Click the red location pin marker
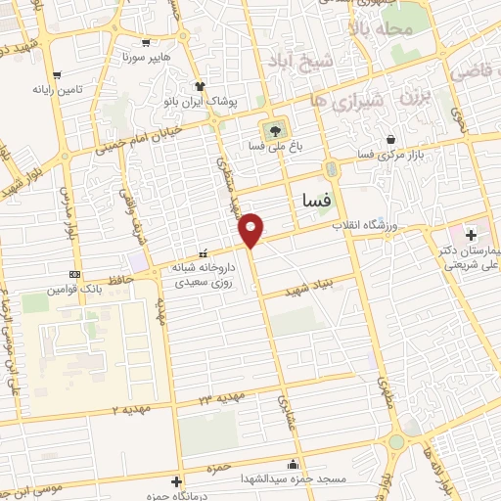pyautogui.click(x=251, y=230)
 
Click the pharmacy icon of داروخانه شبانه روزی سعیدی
pyautogui.click(x=204, y=252)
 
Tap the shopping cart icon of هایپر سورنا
pyautogui.click(x=146, y=42)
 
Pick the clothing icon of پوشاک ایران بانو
pyautogui.click(x=200, y=85)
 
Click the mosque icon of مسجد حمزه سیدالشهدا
pyautogui.click(x=293, y=464)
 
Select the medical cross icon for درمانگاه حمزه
pyautogui.click(x=175, y=481)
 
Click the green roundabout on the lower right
pyautogui.click(x=395, y=441)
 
